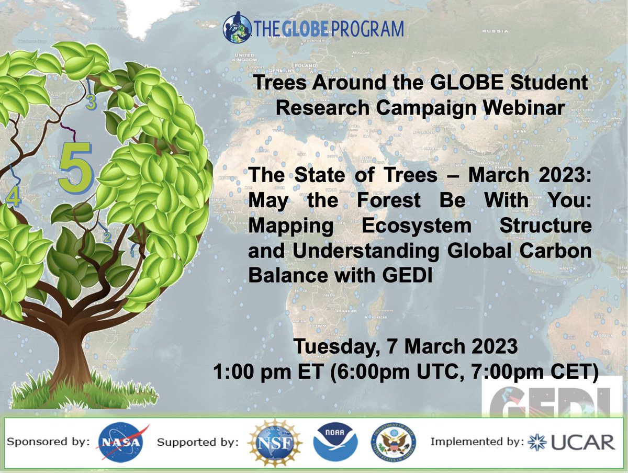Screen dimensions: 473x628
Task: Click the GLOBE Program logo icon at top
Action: [x=238, y=29]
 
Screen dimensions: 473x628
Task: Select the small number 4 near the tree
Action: [x=13, y=197]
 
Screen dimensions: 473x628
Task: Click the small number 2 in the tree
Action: [x=107, y=237]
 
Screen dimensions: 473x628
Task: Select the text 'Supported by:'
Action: [x=198, y=443]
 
